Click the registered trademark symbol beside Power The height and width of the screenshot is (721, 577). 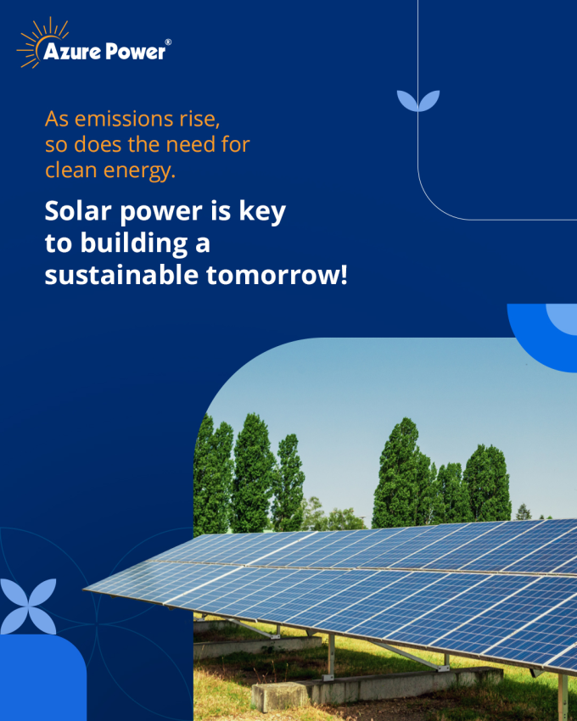tap(168, 42)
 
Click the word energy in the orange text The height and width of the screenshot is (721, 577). tap(139, 171)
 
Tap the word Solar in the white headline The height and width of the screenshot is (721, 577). tap(78, 211)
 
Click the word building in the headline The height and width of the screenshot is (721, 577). tap(134, 243)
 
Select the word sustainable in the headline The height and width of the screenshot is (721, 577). tap(121, 275)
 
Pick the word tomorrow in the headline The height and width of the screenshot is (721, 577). tap(272, 276)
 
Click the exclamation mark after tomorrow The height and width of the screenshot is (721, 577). tap(344, 276)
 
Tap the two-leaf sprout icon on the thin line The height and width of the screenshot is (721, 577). tap(418, 101)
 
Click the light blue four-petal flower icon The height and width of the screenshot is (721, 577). tap(28, 606)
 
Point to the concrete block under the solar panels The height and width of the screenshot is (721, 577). tap(378, 686)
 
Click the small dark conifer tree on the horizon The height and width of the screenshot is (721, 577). tap(524, 511)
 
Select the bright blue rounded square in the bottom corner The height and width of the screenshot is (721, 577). tap(42, 678)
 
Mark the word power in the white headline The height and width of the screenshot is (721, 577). tap(161, 212)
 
